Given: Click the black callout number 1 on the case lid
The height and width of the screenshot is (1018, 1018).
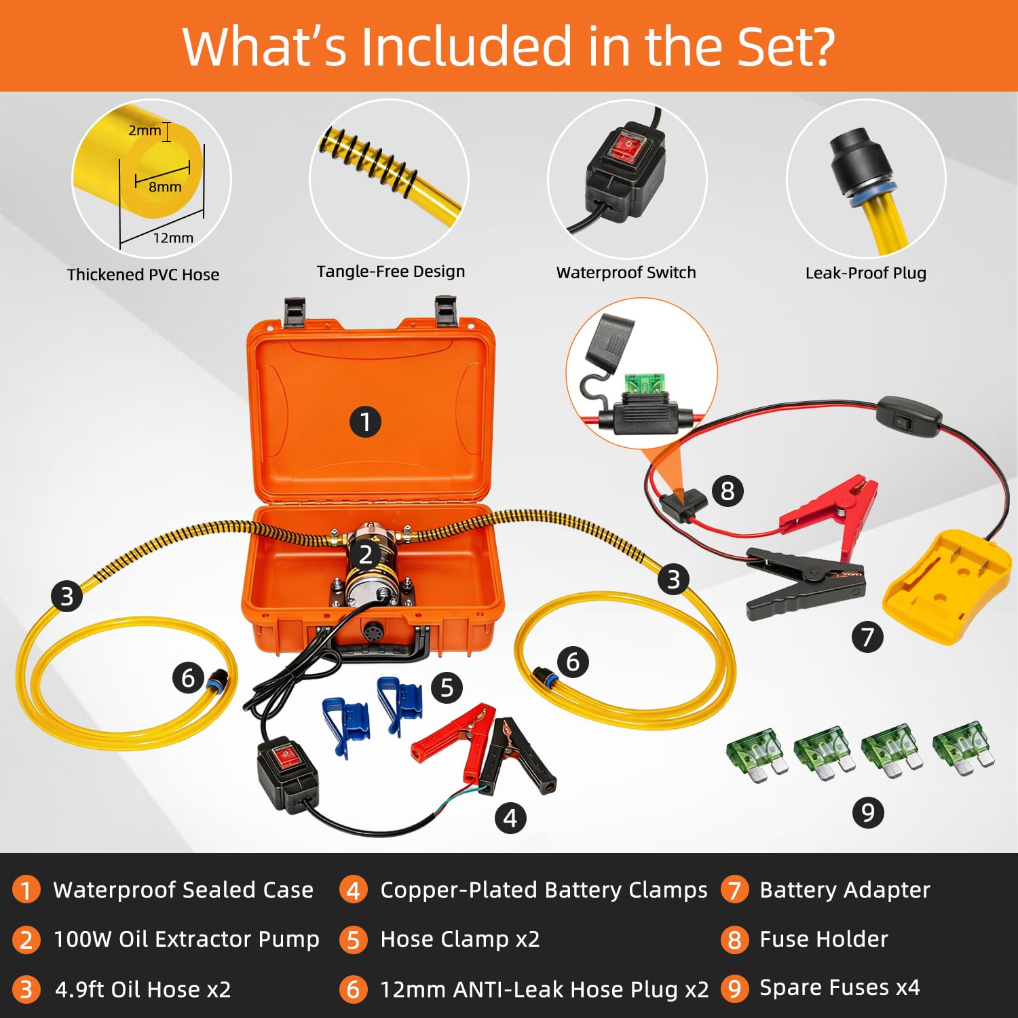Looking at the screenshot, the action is pyautogui.click(x=365, y=421).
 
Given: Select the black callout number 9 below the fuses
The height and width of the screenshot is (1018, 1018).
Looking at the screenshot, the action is pyautogui.click(x=867, y=812).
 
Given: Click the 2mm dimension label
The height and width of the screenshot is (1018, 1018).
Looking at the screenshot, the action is pyautogui.click(x=145, y=130).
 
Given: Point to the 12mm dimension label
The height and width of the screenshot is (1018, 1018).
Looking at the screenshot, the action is pyautogui.click(x=173, y=238).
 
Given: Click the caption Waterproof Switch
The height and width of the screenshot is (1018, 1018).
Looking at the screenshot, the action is pyautogui.click(x=626, y=273).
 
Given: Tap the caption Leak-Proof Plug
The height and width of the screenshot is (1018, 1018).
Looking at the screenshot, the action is pyautogui.click(x=865, y=274).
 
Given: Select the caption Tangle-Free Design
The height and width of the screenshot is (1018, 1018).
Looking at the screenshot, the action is pyautogui.click(x=391, y=272).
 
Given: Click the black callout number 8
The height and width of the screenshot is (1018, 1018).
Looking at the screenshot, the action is pyautogui.click(x=728, y=491).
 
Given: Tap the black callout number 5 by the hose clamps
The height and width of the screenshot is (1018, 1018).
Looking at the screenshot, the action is pyautogui.click(x=447, y=687).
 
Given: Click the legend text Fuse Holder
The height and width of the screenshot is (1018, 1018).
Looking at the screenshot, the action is pyautogui.click(x=824, y=939).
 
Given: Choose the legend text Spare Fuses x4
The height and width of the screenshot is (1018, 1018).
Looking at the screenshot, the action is pyautogui.click(x=840, y=987).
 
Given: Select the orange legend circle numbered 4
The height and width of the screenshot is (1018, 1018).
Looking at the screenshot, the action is pyautogui.click(x=354, y=890).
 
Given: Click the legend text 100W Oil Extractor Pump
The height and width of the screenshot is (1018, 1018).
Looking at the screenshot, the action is pyautogui.click(x=187, y=939).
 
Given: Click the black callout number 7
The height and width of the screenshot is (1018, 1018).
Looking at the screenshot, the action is pyautogui.click(x=867, y=637).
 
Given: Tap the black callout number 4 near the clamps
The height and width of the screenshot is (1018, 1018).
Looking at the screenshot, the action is pyautogui.click(x=510, y=818).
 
